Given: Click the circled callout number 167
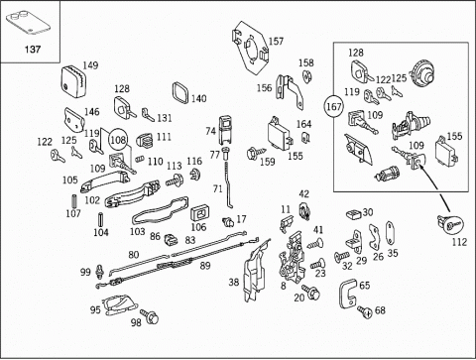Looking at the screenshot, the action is point(334,107).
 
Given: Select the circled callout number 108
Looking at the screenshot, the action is point(118,140).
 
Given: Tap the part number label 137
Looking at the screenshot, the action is point(33,50).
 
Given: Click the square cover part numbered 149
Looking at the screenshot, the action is point(73,81).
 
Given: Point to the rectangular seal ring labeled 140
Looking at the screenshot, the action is point(180,92).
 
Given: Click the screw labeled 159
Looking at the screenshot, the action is point(256,153).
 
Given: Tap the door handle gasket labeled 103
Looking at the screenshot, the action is point(161,210).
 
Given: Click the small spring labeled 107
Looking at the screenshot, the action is point(74,202).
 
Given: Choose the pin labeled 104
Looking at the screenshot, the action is point(99,219).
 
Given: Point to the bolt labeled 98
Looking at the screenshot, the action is point(150,315).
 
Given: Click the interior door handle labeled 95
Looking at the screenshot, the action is point(119,305).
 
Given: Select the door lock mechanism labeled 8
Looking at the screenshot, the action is point(292,257).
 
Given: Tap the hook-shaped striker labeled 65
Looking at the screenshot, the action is point(348,294).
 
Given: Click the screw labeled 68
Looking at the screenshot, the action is point(365,311).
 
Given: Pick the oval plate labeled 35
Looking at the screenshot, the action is point(391,233).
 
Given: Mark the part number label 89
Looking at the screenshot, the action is point(205,266).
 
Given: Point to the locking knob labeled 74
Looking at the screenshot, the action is point(226,130).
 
